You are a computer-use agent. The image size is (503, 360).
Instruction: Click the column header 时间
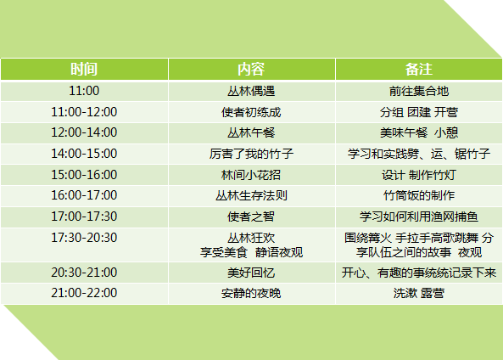pos(84,69)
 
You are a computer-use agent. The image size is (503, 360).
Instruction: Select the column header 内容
pos(251,69)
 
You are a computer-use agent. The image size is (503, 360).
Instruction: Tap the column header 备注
pos(419,69)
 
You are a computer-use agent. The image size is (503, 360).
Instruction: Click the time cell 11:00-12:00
pos(84,112)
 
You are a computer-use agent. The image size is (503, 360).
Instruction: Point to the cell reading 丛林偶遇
pos(251,91)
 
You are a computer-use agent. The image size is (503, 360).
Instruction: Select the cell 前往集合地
pos(419,91)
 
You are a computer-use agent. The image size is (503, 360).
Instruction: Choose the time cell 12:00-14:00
pos(84,132)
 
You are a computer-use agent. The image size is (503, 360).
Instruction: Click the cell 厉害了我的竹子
pos(251,154)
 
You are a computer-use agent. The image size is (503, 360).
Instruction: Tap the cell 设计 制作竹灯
pos(419,175)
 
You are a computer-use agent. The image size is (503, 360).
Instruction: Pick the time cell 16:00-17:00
pos(84,195)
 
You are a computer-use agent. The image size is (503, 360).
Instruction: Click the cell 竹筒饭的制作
pos(419,195)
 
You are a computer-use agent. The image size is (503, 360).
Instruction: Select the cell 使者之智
pos(251,217)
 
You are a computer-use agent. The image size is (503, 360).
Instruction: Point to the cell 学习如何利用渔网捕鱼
pos(419,217)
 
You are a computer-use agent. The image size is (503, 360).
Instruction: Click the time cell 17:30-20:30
pos(84,238)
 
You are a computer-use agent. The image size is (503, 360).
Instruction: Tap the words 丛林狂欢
pos(251,238)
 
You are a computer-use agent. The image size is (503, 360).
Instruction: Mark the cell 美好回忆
pos(251,273)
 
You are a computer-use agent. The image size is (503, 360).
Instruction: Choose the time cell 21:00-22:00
pos(84,293)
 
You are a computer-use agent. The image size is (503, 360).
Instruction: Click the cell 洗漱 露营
pos(419,293)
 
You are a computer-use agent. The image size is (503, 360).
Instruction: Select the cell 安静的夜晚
pos(251,293)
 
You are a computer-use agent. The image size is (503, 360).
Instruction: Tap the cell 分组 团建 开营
pos(419,112)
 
